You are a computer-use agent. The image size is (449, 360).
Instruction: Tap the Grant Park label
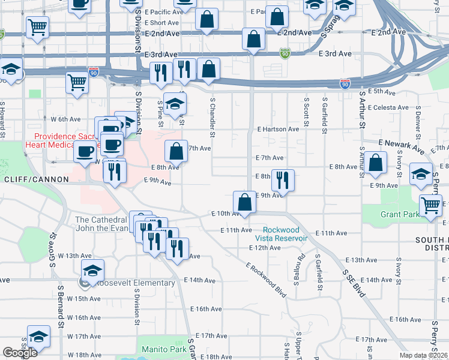point(399,214)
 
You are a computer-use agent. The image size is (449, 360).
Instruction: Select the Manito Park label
point(164,349)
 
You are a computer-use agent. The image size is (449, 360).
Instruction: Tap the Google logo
point(20,353)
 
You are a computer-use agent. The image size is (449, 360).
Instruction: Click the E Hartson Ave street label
point(278,129)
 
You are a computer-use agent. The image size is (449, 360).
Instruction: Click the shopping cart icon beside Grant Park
point(432,205)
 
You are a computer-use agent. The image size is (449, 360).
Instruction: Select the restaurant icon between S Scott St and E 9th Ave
point(282,179)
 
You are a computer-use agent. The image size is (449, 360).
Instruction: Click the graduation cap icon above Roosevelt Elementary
point(92,269)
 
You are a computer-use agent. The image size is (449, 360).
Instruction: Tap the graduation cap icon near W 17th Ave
point(38,336)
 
